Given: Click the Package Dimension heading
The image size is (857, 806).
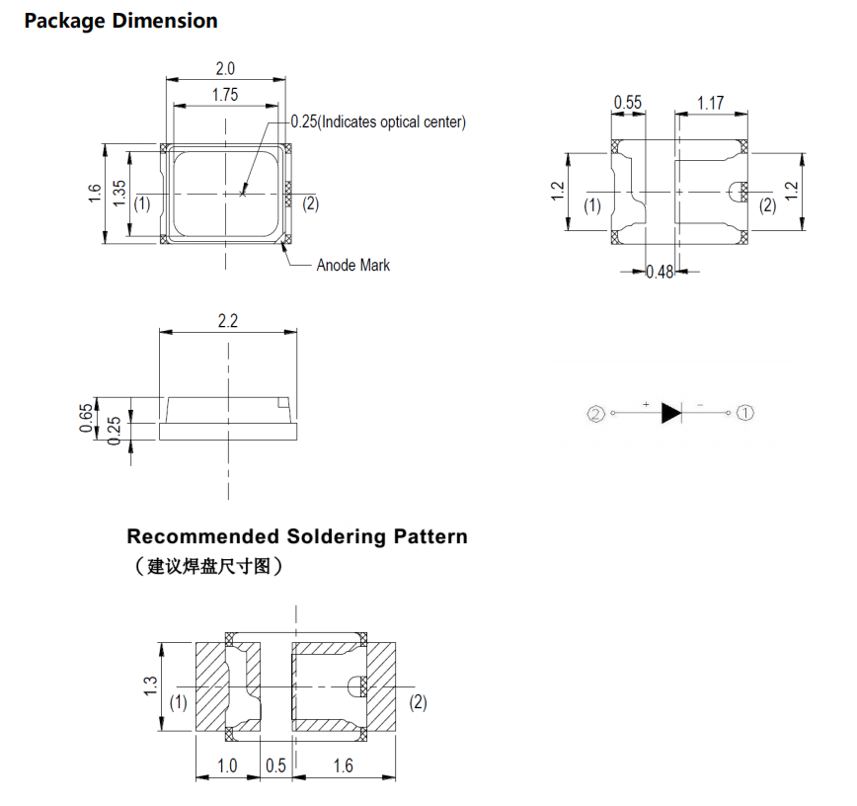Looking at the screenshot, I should (120, 21).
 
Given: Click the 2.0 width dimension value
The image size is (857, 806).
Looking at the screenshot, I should (225, 69).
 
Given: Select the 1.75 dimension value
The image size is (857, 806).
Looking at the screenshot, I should (225, 95).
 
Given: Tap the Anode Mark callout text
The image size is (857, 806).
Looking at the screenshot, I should (352, 265).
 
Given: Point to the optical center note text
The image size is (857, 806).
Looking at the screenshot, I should (378, 121).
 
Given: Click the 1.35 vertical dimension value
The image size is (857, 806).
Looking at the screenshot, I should (119, 193).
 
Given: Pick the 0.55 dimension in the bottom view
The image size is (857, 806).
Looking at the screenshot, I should (628, 102).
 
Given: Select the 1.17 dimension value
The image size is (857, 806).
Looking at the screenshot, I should (711, 102).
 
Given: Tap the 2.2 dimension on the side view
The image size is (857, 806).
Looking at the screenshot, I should (228, 321).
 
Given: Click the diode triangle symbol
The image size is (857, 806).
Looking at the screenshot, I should (671, 413).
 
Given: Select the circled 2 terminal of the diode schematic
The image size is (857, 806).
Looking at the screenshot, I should (595, 413).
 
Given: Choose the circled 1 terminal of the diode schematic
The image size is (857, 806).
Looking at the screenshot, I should (745, 413).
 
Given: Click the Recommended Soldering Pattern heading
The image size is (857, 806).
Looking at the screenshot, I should (297, 536).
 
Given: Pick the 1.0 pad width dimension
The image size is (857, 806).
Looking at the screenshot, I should (227, 766).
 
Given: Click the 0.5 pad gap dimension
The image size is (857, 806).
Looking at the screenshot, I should (275, 766).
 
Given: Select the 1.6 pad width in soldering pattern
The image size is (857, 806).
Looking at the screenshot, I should (343, 766).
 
